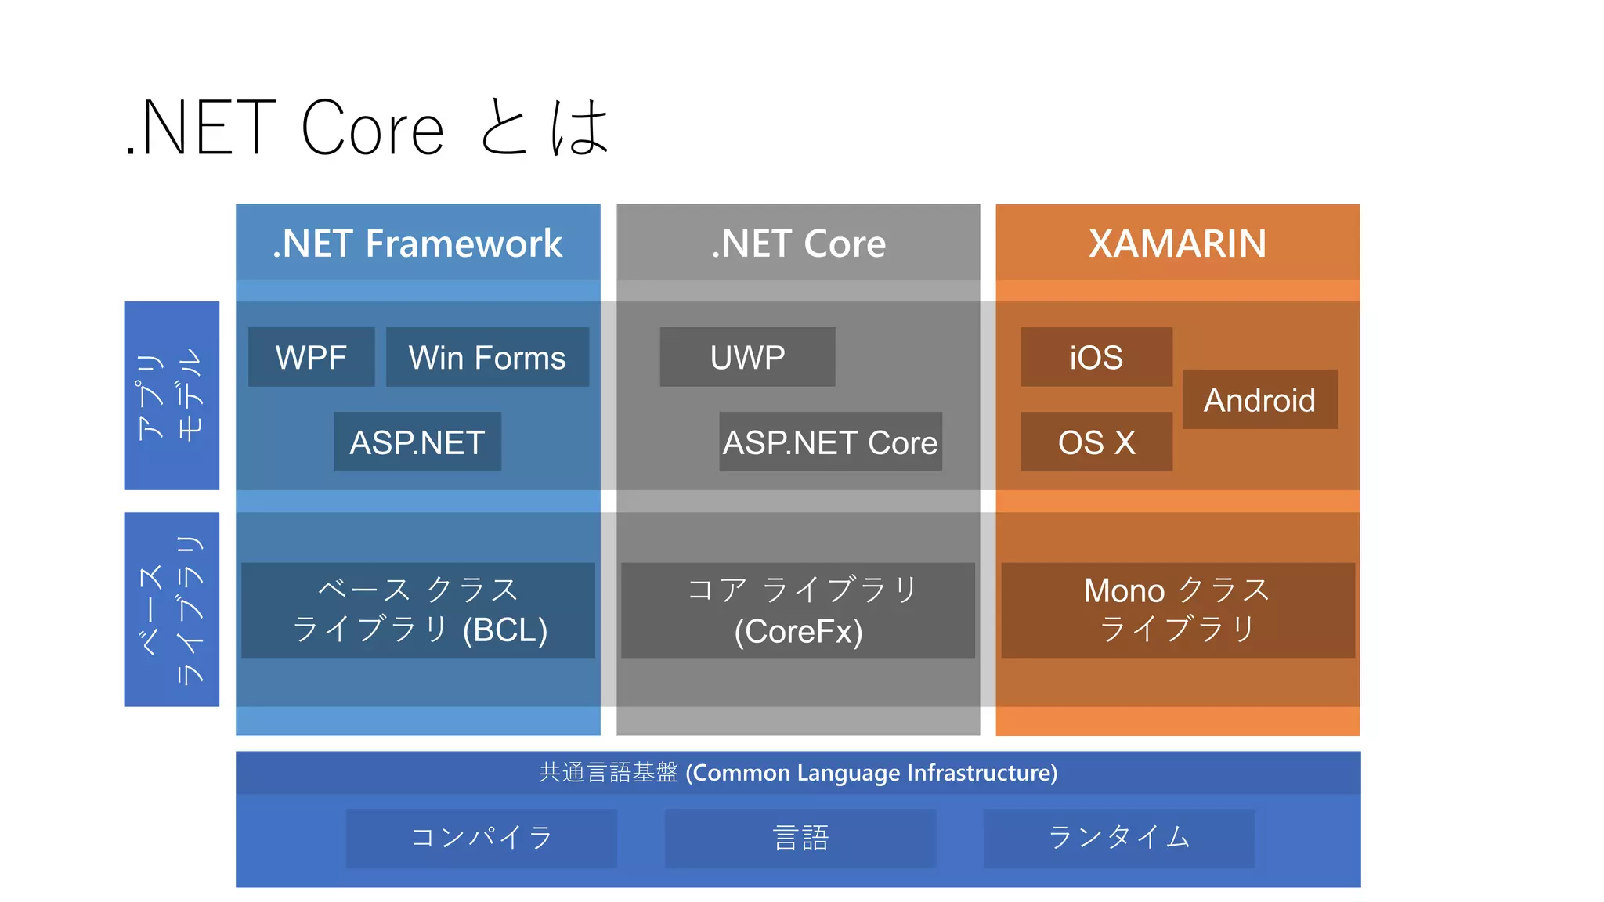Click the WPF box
[311, 357]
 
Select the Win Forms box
[487, 357]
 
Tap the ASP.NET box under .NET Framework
[417, 442]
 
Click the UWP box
[747, 357]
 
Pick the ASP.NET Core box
[830, 442]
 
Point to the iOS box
[1096, 357]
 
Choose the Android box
[1259, 399]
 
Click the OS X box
[1096, 442]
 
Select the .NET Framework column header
[417, 243]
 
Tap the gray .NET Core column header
[798, 243]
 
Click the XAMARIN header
[1177, 243]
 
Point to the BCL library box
[417, 610]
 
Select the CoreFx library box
[798, 610]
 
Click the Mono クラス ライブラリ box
[1177, 610]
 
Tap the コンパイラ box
[481, 838]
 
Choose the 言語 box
[800, 838]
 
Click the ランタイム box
[1118, 838]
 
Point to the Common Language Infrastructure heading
[798, 773]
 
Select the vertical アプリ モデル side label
[172, 395]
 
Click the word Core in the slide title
[373, 129]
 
